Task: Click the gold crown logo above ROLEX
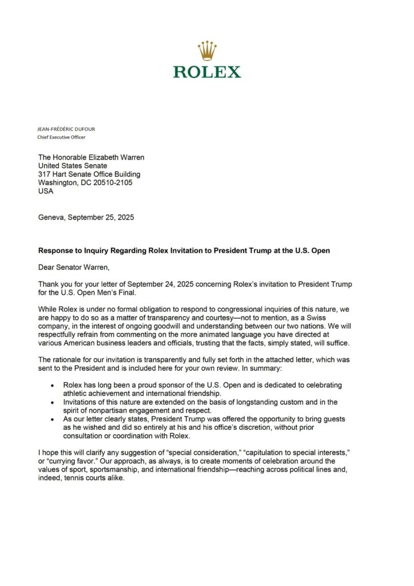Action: point(207,52)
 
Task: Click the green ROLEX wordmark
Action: point(207,72)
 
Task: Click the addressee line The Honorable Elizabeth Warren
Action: point(91,157)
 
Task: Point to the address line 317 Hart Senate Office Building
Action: point(89,174)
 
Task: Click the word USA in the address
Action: point(46,191)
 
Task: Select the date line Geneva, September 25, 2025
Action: point(86,217)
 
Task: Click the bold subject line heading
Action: point(184,251)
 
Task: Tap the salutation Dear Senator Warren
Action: point(73,267)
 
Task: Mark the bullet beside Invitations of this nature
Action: point(53,403)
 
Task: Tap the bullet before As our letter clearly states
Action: point(53,419)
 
